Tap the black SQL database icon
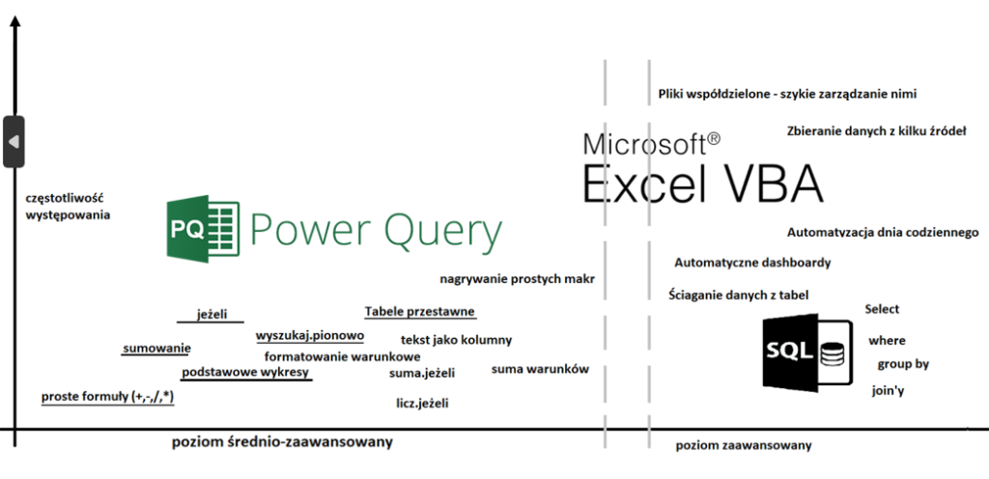coord(805,352)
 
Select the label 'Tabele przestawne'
coord(420,311)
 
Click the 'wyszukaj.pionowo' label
coord(310,336)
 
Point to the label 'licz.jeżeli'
coord(422,403)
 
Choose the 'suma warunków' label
coord(540,369)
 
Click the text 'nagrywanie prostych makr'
coord(517,279)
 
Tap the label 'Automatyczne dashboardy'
coord(752,263)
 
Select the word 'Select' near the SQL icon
coord(882,309)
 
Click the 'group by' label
coord(903,364)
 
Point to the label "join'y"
coord(889,391)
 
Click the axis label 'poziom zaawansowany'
coord(744,445)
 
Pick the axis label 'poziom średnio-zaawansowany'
coord(283,442)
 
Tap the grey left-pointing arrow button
coord(14,142)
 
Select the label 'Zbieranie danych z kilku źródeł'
coord(876,130)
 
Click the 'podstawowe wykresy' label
coord(246,372)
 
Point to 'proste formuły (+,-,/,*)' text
coord(107,396)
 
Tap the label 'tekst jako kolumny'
coord(456,340)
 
